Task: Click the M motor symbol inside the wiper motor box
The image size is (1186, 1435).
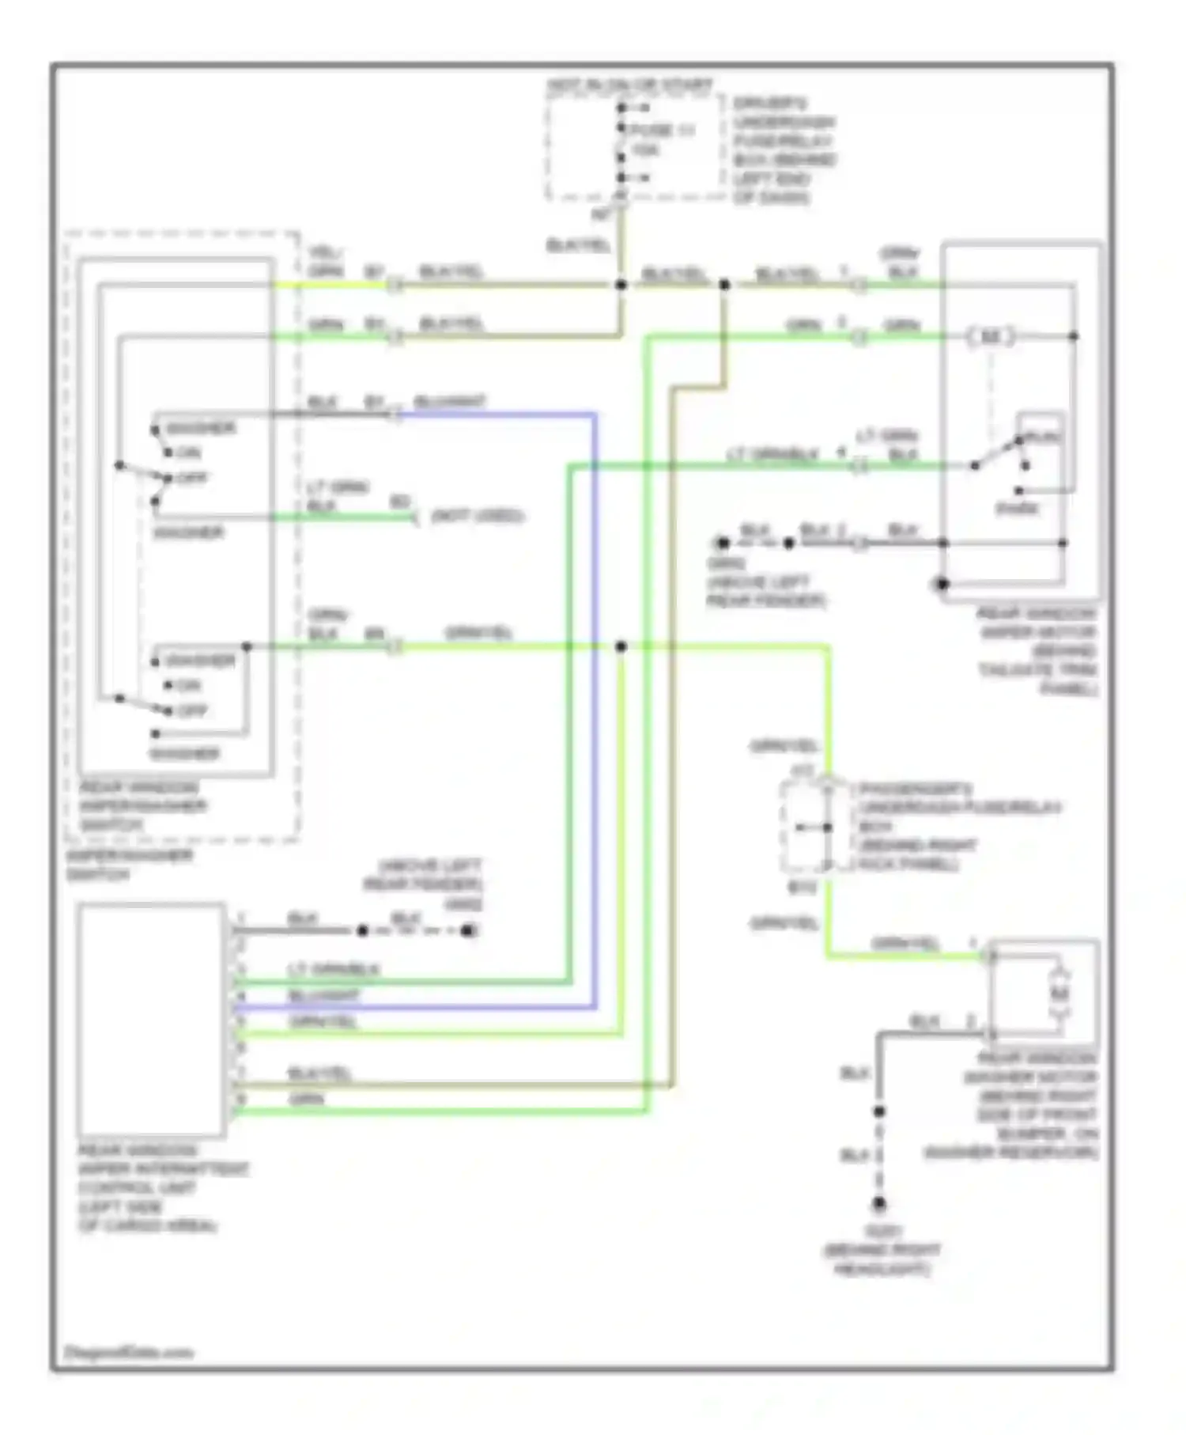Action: pos(991,337)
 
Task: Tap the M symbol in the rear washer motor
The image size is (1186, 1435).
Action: pos(1059,994)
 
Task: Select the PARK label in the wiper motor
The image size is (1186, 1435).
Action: pos(1017,509)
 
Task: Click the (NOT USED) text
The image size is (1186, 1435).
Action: pos(478,517)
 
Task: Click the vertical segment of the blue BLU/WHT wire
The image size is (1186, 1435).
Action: pos(595,712)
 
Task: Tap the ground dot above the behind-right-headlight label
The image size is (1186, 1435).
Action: pos(878,1205)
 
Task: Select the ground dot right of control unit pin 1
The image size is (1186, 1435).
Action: pos(468,931)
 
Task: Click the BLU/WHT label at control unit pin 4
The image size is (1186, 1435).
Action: pos(324,996)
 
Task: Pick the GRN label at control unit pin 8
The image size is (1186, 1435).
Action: pos(306,1100)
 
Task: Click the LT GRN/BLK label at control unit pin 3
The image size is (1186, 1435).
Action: pos(333,970)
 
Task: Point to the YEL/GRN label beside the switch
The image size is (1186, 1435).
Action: pos(325,262)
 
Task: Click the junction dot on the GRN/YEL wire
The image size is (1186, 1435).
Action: pos(621,647)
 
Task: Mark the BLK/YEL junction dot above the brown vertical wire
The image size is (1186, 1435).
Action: pos(724,285)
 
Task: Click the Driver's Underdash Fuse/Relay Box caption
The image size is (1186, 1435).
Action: pos(783,150)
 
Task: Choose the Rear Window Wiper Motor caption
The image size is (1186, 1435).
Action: pos(1037,651)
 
